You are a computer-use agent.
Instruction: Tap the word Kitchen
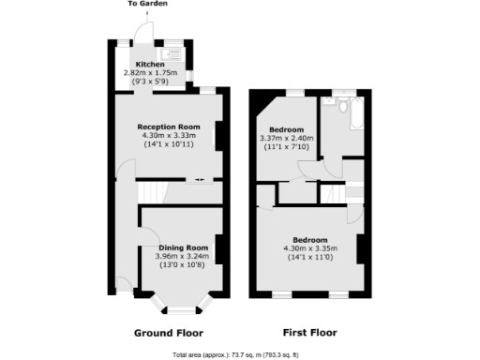(x=150, y=64)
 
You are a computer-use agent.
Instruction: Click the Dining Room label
(x=182, y=247)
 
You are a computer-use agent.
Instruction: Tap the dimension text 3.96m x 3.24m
(x=182, y=256)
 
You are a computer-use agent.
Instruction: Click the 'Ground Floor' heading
(x=169, y=333)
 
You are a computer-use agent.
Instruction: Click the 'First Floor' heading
(x=308, y=333)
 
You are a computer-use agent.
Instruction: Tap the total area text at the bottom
(x=240, y=354)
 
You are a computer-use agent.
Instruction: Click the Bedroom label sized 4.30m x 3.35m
(x=308, y=239)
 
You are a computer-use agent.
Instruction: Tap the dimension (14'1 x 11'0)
(x=308, y=257)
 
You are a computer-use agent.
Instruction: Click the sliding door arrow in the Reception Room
(x=197, y=180)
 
